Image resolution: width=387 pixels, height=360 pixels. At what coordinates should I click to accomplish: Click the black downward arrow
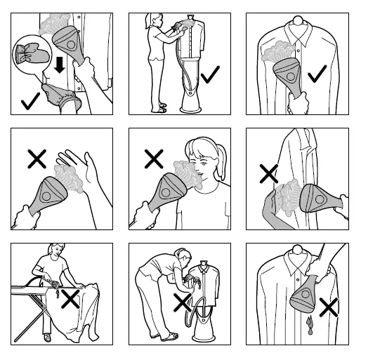[x=59, y=66]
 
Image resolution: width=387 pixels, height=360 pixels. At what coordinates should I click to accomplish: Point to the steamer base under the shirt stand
[x=190, y=102]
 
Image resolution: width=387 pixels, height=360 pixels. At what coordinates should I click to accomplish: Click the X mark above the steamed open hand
[x=37, y=159]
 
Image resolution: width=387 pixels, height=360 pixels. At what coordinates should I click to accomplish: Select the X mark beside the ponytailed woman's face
[x=153, y=159]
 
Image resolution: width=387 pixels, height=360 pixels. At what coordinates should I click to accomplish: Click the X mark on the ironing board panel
[x=70, y=300]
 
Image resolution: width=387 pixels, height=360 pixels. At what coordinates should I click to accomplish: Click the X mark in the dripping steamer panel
[x=328, y=307]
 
